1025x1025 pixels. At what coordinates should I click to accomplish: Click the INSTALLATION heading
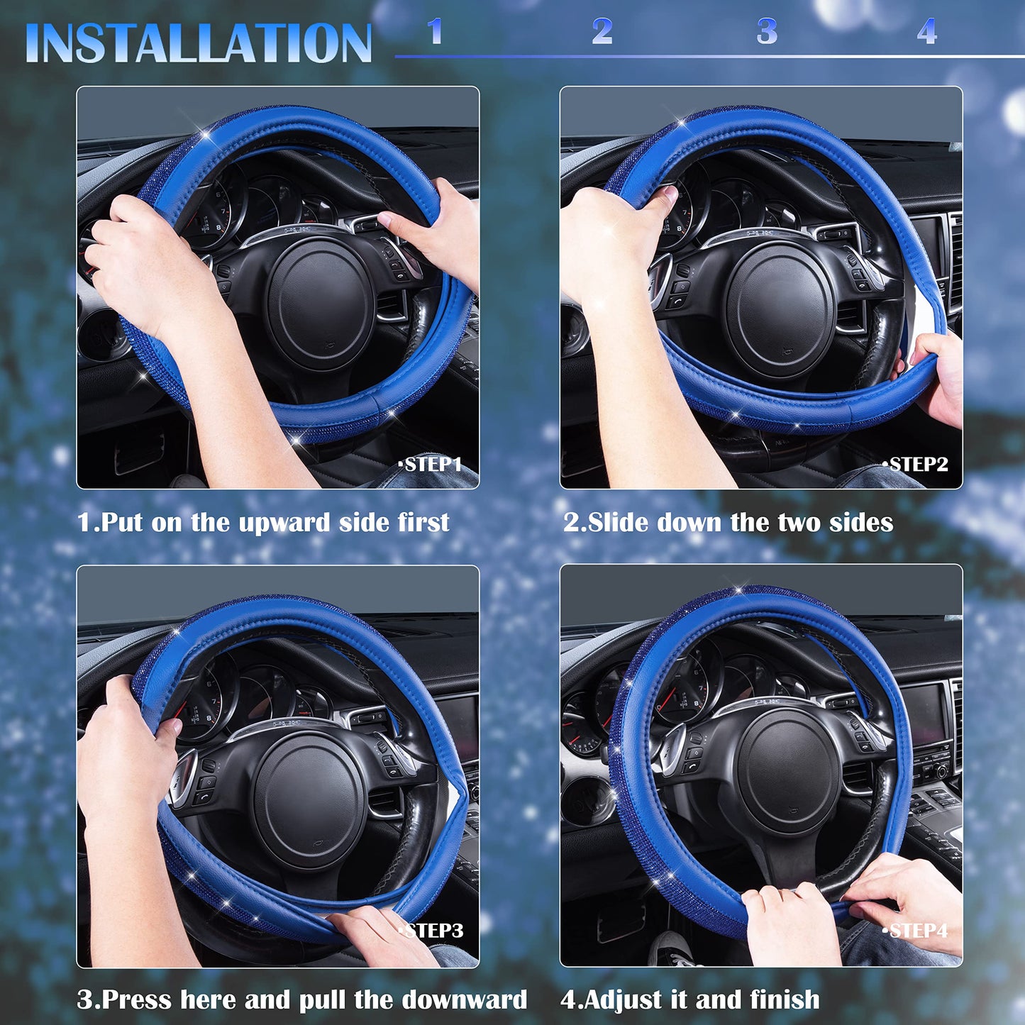coord(198,43)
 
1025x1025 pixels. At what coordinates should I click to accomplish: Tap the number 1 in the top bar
coord(435,31)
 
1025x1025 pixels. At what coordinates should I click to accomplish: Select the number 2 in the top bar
coord(602,31)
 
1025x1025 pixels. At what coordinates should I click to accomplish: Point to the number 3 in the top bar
coord(767,32)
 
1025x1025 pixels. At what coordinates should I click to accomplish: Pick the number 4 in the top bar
coord(926,32)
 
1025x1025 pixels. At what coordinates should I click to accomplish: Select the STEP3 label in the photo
coord(433,930)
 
